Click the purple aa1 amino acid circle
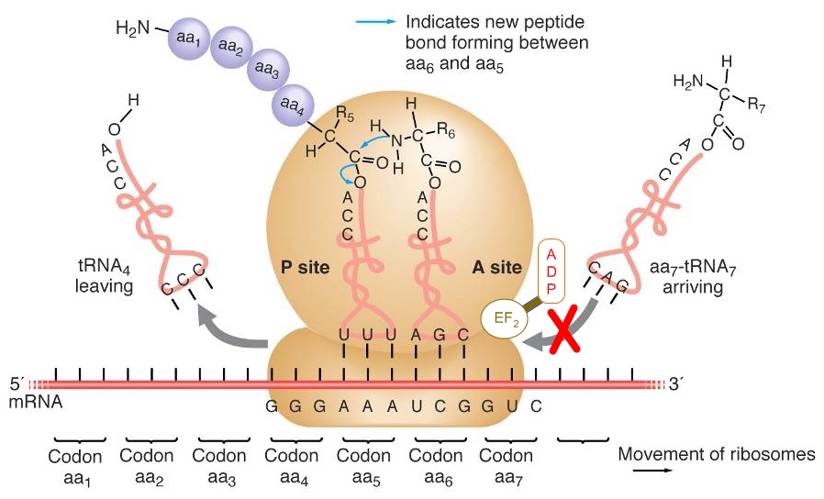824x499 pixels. tap(189, 37)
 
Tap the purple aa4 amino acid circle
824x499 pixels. tap(293, 105)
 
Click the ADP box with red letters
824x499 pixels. tap(551, 272)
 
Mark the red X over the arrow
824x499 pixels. tap(564, 330)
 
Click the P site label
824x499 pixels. tap(305, 267)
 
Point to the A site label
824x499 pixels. tap(496, 267)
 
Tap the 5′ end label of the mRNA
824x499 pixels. tap(17, 384)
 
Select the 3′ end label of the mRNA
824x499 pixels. tap(675, 384)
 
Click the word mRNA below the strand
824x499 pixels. tap(35, 403)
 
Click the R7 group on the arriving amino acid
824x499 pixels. tap(756, 105)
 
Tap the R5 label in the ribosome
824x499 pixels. tap(345, 112)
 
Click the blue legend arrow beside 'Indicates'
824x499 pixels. tap(375, 22)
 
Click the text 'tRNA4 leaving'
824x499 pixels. tap(104, 276)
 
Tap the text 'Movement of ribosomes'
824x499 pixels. tap(717, 454)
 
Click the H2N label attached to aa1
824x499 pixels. tap(133, 28)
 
